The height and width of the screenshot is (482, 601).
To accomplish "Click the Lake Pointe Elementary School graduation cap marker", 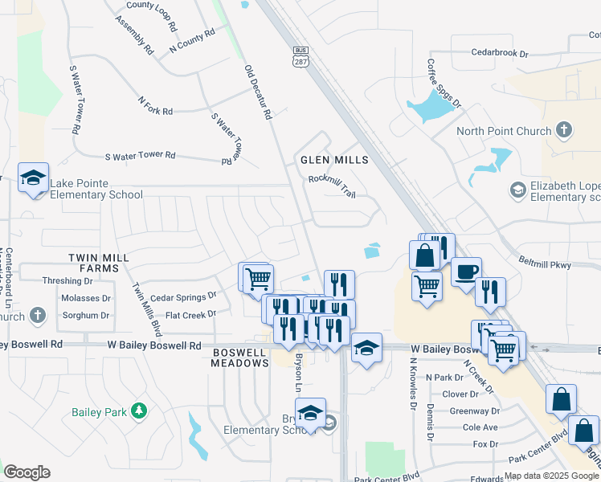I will tap(34, 178).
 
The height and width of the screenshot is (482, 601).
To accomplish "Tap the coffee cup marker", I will tap(466, 272).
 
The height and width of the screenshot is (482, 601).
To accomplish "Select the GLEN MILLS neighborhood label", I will tap(334, 160).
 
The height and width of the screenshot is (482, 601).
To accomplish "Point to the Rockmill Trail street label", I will tap(332, 186).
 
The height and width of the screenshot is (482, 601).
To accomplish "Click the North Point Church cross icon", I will tap(564, 130).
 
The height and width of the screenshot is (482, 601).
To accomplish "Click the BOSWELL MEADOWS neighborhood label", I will tap(240, 357).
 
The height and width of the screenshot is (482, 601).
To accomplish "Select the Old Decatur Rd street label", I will tap(258, 92).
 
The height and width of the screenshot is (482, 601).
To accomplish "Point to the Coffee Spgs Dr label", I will tap(444, 83).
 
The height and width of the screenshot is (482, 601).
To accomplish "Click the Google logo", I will tap(27, 472).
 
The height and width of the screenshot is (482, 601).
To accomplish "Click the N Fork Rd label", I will tap(155, 105).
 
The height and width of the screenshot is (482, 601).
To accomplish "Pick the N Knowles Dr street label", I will tap(413, 390).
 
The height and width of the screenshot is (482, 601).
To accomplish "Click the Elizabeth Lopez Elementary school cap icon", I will tap(518, 190).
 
